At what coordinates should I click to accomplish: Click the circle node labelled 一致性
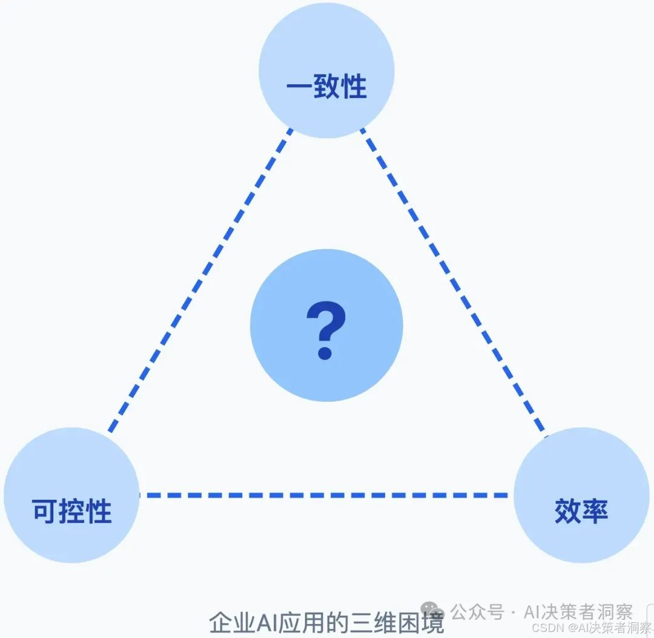[x=326, y=70]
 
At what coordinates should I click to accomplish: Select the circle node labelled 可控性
[x=71, y=495]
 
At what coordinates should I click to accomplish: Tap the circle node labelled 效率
[x=581, y=495]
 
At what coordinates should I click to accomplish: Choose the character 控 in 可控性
[x=72, y=512]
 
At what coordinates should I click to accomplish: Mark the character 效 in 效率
[x=567, y=512]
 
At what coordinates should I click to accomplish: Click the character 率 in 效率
[x=595, y=512]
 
